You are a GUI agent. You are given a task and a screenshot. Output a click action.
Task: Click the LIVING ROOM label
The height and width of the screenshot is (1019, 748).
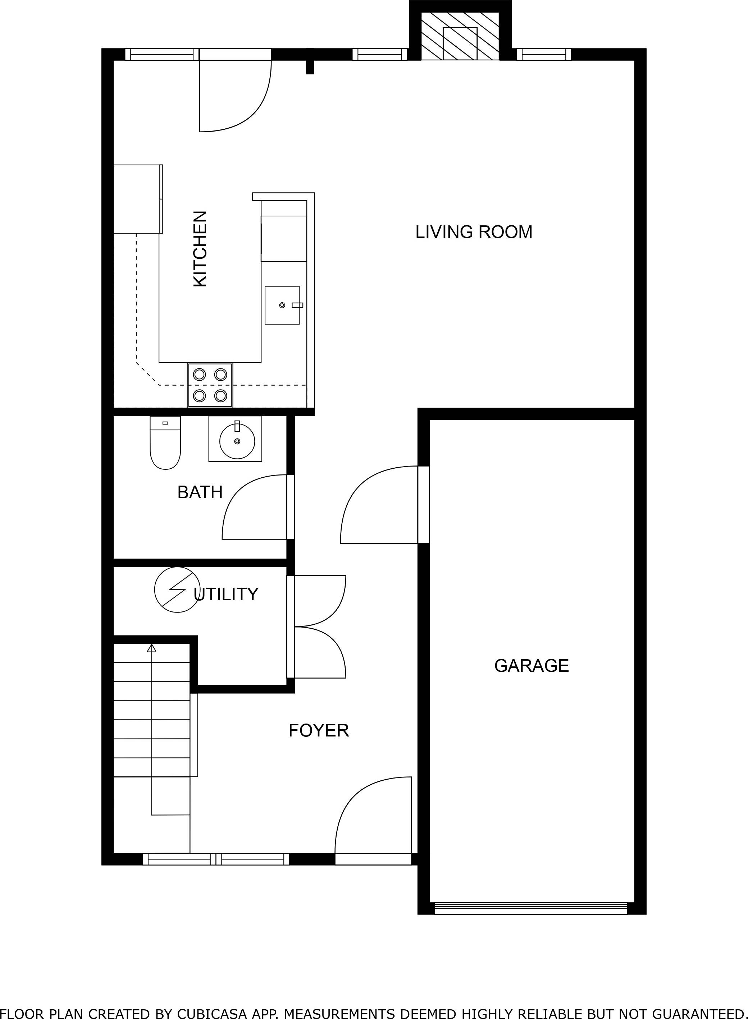[x=474, y=232]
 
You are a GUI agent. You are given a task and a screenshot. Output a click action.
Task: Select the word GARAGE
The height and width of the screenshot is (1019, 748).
[x=531, y=666]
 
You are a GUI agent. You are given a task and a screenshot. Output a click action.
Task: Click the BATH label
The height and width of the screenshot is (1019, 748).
[x=200, y=492]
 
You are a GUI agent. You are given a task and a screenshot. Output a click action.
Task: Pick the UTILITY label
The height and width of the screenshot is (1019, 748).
[x=225, y=594]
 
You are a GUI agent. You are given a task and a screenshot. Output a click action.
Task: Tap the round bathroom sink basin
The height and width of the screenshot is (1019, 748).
[x=237, y=441]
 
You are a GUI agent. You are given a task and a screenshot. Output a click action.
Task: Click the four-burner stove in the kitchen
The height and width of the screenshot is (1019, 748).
[x=210, y=385]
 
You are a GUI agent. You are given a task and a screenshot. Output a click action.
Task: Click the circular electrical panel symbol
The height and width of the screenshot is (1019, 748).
[x=177, y=589]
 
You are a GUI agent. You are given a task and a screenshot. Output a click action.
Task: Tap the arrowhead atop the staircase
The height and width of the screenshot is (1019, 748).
[x=152, y=648]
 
